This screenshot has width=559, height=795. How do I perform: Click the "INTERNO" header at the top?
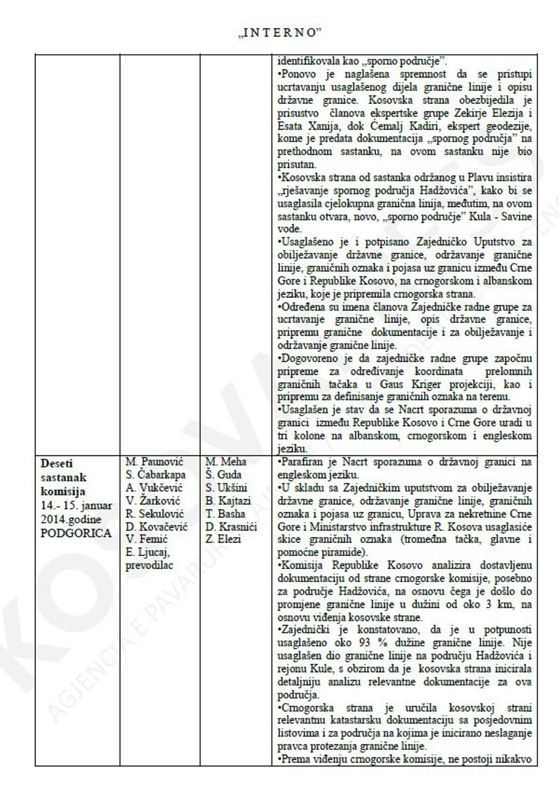pos(279,34)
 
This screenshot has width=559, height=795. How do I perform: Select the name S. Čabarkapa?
pos(155,475)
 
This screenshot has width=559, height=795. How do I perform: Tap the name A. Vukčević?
pos(153,488)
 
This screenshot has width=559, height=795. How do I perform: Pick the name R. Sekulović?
pos(153,514)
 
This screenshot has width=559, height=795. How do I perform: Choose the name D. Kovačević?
pos(156,527)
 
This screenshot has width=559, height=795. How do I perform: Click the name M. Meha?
pos(225,462)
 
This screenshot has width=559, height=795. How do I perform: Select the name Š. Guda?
pos(223,475)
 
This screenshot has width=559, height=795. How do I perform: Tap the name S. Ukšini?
pos(226,488)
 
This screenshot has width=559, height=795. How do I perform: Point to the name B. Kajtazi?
pos(228,501)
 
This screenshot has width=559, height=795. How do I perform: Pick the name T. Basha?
pos(225,514)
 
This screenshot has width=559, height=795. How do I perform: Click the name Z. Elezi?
pos(223,539)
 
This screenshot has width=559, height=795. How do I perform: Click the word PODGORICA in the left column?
pos(76,534)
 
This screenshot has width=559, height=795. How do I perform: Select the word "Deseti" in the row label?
pos(57,463)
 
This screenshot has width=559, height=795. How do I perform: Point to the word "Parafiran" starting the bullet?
pos(304,461)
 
